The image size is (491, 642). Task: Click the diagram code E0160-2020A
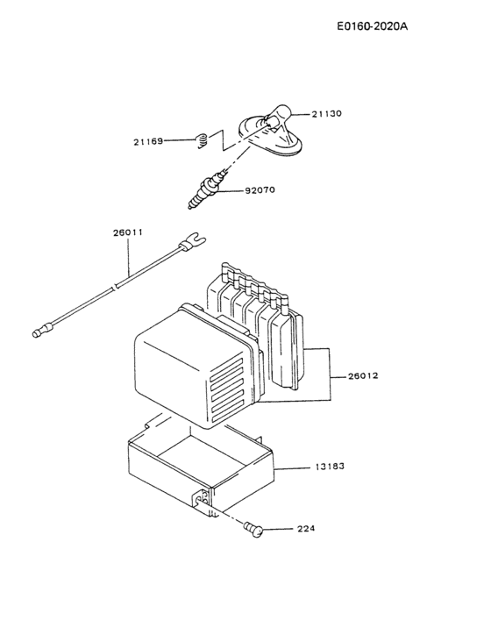point(372,25)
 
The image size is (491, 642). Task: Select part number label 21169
point(148,140)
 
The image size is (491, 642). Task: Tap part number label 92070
point(260,188)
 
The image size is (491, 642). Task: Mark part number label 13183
point(330,467)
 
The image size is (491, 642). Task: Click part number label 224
point(305,529)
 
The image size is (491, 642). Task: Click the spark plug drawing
point(204,191)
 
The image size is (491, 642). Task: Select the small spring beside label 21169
point(200,138)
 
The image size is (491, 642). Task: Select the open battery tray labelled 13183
point(197,469)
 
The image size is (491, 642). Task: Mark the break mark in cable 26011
point(116,287)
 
